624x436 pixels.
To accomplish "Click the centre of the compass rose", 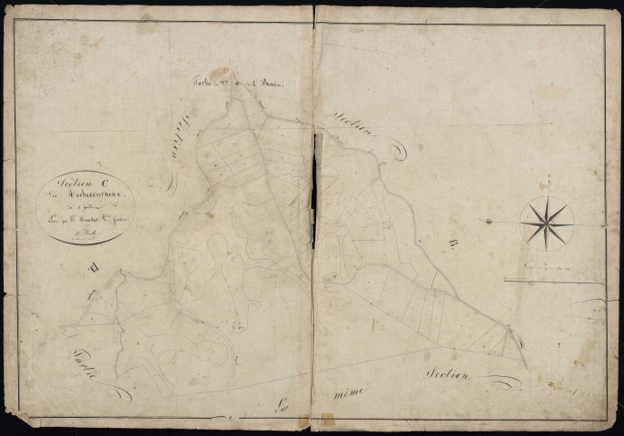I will tap(547, 221).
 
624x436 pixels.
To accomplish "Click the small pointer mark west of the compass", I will tap(490, 221).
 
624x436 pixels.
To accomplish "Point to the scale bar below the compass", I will tap(555, 281).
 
